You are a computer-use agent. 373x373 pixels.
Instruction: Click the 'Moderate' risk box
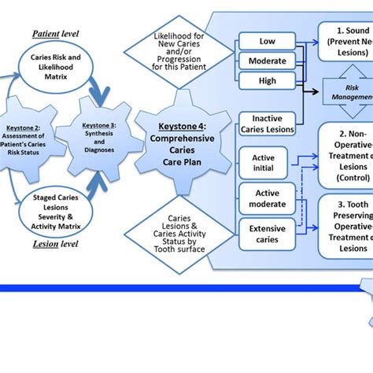[x=267, y=61]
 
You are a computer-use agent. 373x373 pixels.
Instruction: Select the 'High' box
[x=267, y=80]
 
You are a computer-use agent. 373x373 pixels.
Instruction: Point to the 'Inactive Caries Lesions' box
[x=267, y=124]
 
